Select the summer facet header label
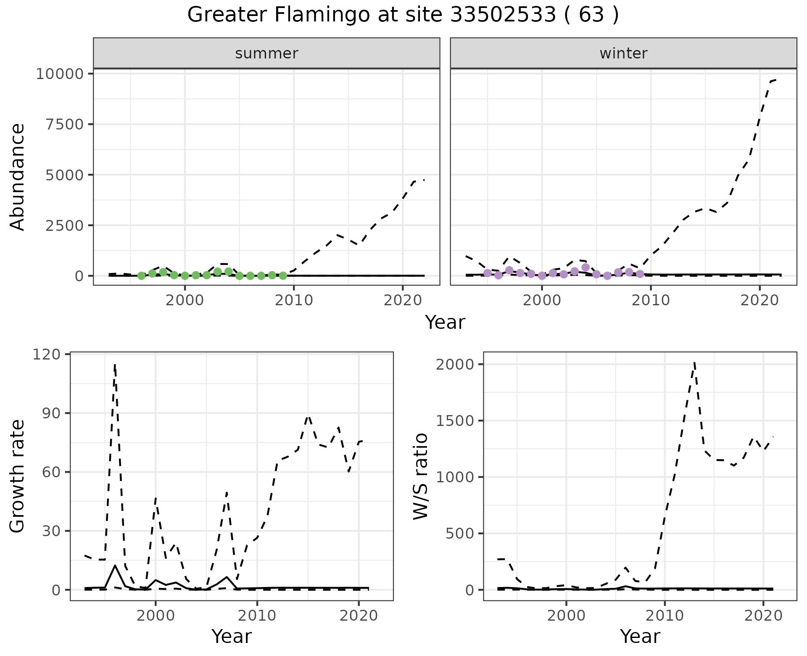point(266,53)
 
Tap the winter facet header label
point(623,53)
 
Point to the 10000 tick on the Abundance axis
point(61,74)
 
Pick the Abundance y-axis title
point(18,177)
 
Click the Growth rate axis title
point(18,477)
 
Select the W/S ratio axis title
point(421,477)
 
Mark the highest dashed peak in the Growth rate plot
point(115,365)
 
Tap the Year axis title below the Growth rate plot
point(232,636)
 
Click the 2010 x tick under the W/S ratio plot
point(665,616)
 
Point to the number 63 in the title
point(591,15)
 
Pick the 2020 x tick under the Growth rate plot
point(359,616)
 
